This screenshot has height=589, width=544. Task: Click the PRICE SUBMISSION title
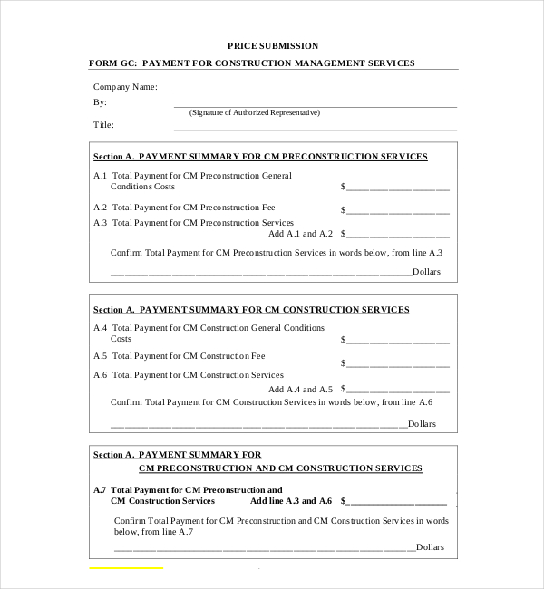[x=273, y=45]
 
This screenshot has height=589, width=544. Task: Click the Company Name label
[x=125, y=87]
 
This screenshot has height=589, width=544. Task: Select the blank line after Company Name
[x=314, y=91]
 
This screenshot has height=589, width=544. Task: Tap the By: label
[x=100, y=102]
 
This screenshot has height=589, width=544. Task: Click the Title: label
[x=103, y=125]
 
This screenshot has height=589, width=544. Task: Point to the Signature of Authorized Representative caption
[x=254, y=112]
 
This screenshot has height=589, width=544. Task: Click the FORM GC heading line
[x=251, y=63]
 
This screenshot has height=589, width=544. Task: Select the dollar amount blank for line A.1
[x=397, y=188]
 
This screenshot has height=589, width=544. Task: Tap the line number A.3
[x=100, y=222]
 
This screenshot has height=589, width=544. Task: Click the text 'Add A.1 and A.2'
[x=300, y=234]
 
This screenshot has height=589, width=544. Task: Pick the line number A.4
[x=100, y=327]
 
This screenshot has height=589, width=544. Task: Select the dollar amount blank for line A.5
[x=397, y=364]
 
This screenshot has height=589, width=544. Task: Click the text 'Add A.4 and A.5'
[x=300, y=389]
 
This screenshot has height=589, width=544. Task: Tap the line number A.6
[x=100, y=374]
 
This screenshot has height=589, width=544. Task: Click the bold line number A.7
[x=100, y=489]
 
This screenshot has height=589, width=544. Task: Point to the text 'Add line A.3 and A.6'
[x=291, y=501]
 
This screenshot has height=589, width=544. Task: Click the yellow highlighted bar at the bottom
[x=126, y=568]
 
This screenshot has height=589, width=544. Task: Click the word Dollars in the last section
[x=430, y=547]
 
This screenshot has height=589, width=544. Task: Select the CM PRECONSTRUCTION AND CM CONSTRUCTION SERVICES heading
[x=280, y=468]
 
